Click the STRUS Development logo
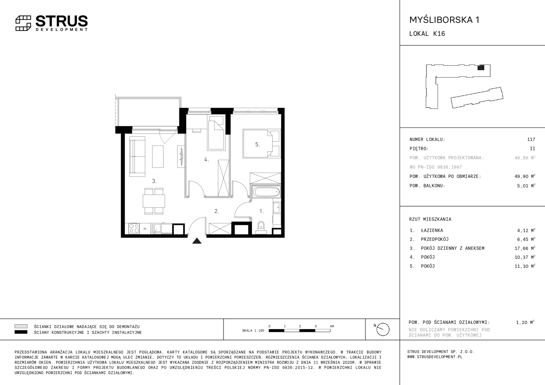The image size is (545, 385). coord(52,23)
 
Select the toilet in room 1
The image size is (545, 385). coord(261,228)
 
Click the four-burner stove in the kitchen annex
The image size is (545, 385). coord(134,229)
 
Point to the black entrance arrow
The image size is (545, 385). coord(197,241)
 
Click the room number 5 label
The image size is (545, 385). coord(258,144)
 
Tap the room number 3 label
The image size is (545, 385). coord(154,181)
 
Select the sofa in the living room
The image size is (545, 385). coord(137,156)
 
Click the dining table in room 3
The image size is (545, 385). coord(154,201)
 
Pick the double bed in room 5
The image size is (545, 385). coord(262,144)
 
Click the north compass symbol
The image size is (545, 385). coord(383,329)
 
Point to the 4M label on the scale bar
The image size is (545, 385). coord(332,326)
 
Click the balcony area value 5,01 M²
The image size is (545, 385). coord(526,186)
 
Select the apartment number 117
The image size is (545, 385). coord(531,139)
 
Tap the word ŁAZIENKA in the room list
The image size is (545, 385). coord(432,230)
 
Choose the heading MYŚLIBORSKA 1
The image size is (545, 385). coord(444,20)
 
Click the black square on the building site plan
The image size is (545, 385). coord(481,68)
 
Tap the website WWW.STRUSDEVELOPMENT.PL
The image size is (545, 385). coord(435,357)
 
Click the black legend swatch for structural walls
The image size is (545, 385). coord(21,332)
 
